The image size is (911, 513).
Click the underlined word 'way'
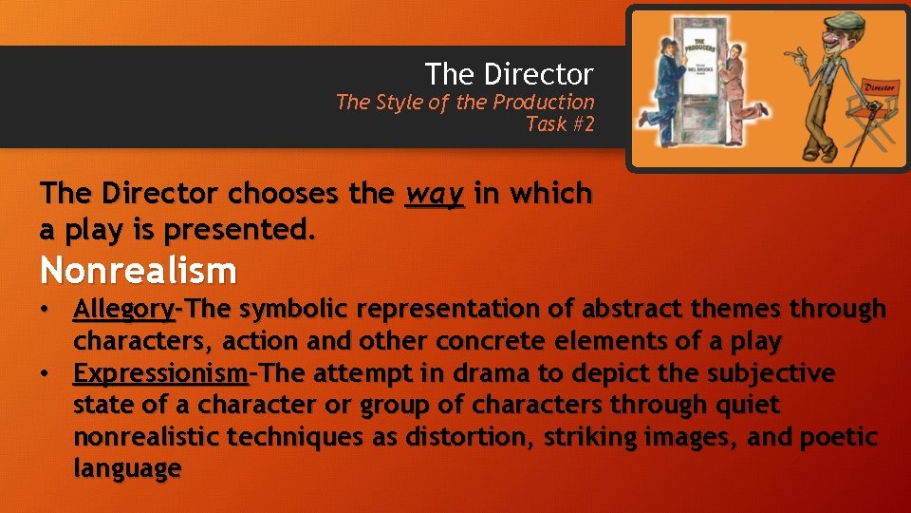pos(435,194)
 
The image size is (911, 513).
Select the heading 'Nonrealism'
pos(139,272)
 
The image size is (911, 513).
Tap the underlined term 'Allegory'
pos(124,310)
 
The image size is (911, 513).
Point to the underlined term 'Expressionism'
pos(160,373)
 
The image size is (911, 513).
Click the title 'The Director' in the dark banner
pos(509,73)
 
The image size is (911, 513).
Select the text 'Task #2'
pos(560,123)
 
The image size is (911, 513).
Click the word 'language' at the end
pos(127,469)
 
